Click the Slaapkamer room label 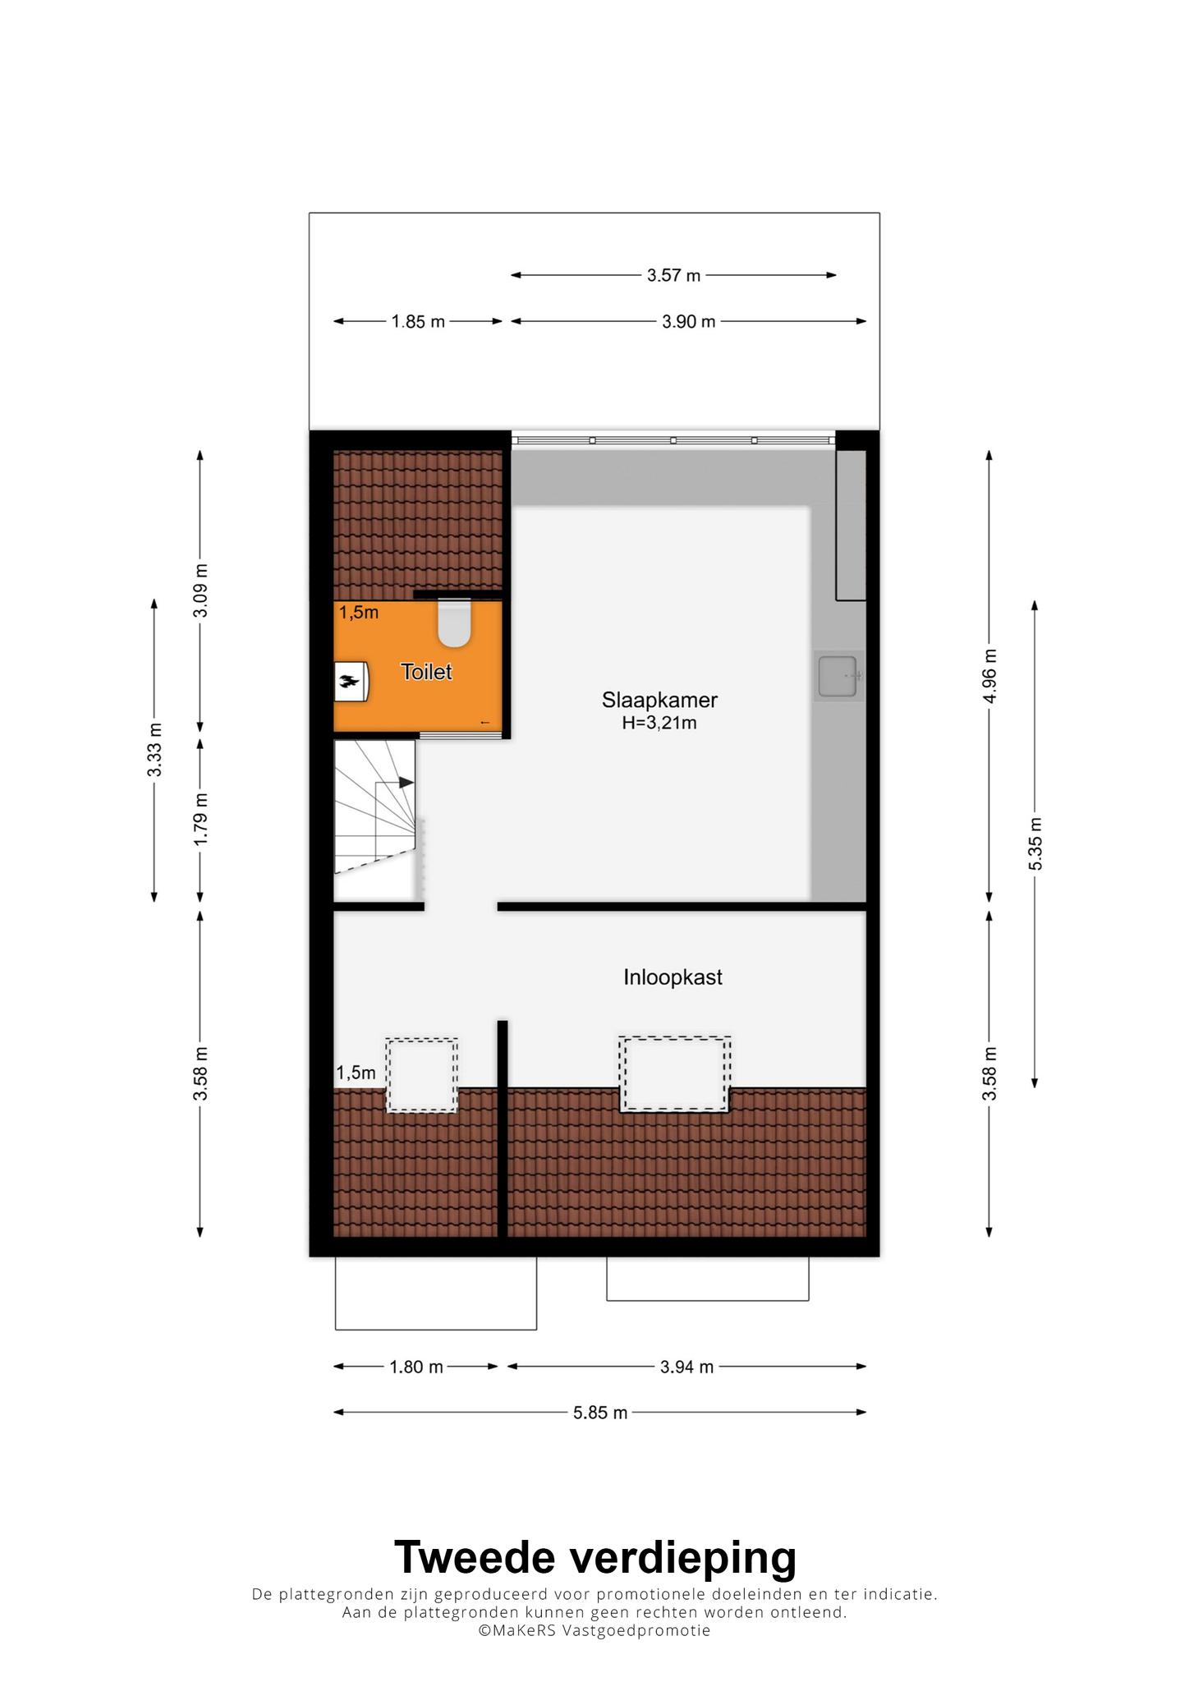pyautogui.click(x=659, y=701)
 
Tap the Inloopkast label pyautogui.click(x=673, y=977)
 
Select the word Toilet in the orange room pyautogui.click(x=426, y=672)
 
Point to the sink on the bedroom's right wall pyautogui.click(x=838, y=677)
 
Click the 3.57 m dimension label pyautogui.click(x=673, y=276)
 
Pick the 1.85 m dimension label pyautogui.click(x=418, y=322)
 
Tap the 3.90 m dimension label pyautogui.click(x=688, y=322)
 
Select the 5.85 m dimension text pyautogui.click(x=600, y=1413)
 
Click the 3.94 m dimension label pyautogui.click(x=686, y=1367)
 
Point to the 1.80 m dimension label pyautogui.click(x=415, y=1367)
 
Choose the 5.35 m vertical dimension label pyautogui.click(x=1035, y=844)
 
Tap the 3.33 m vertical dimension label pyautogui.click(x=154, y=750)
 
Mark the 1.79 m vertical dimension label pyautogui.click(x=200, y=820)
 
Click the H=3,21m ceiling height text pyautogui.click(x=659, y=724)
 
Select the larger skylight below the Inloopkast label pyautogui.click(x=676, y=1074)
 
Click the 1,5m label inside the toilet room pyautogui.click(x=359, y=613)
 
